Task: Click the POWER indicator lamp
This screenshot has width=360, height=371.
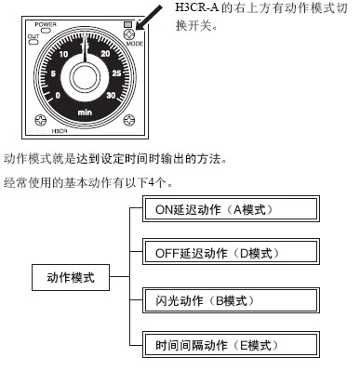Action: [46, 31]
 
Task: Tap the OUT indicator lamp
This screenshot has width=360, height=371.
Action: [33, 41]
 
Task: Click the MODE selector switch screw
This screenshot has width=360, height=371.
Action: [128, 33]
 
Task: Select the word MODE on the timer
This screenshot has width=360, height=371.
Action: [134, 44]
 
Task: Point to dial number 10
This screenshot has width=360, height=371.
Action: [63, 54]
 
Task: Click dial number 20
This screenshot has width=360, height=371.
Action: [105, 54]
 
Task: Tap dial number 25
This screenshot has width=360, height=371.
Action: [116, 73]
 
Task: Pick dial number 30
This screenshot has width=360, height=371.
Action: [111, 95]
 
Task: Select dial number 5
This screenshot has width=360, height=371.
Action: [53, 73]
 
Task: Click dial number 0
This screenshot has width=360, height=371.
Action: [58, 96]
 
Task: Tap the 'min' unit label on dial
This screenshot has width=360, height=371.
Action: [85, 112]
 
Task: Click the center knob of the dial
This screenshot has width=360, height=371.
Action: [85, 77]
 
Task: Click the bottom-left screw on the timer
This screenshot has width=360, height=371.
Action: [41, 120]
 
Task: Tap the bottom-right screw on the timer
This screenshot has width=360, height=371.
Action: [129, 120]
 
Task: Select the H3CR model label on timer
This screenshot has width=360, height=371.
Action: [60, 131]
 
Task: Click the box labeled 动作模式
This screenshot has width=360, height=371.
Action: [71, 277]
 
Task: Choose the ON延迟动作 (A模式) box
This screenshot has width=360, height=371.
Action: [231, 208]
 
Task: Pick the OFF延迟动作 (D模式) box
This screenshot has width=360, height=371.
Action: [231, 252]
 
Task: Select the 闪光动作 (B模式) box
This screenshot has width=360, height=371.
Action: [231, 300]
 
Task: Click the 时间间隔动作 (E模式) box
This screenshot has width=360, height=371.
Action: [231, 344]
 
